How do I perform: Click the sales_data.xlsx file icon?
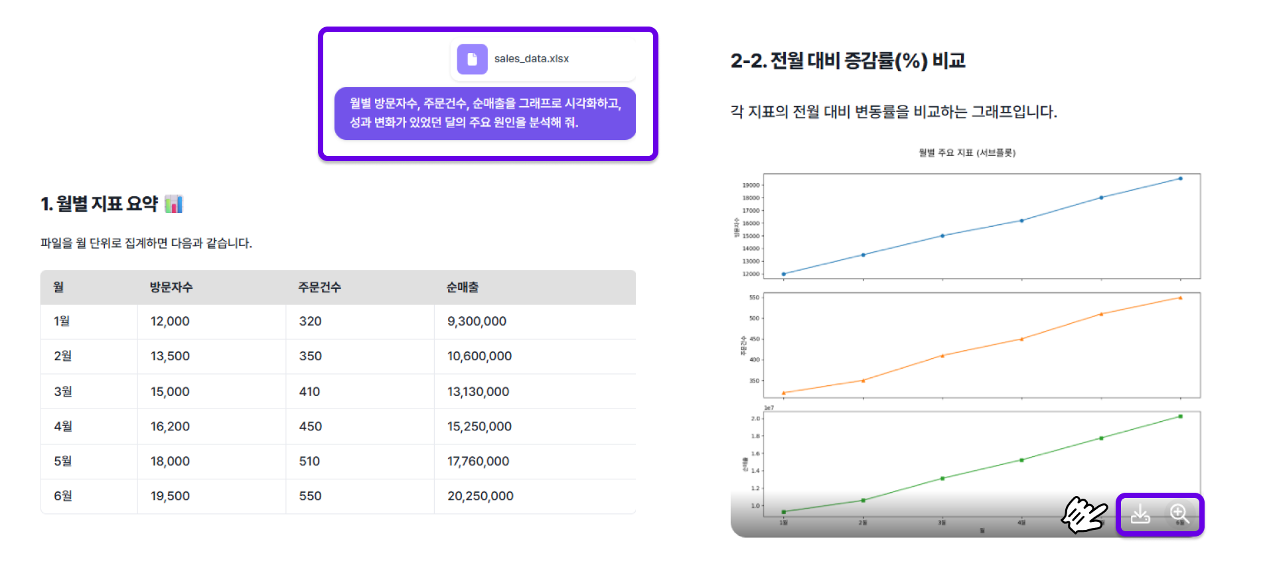click(x=472, y=59)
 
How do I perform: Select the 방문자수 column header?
click(x=171, y=287)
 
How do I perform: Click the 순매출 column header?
click(x=462, y=287)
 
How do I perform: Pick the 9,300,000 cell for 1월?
click(x=477, y=321)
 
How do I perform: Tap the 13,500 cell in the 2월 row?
click(x=170, y=356)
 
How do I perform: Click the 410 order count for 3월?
click(x=309, y=391)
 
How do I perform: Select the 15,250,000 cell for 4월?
click(x=479, y=426)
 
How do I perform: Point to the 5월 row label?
click(x=62, y=461)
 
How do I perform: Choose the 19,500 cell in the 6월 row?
click(x=170, y=496)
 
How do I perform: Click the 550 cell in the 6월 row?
click(x=310, y=496)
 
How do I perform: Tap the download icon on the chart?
click(x=1140, y=514)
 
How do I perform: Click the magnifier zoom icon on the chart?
click(x=1179, y=514)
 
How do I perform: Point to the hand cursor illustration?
click(x=1084, y=514)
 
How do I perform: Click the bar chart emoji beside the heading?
click(x=173, y=204)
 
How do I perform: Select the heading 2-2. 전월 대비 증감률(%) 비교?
click(x=848, y=61)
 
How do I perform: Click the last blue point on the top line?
click(x=1180, y=178)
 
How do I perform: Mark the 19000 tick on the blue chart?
click(x=751, y=185)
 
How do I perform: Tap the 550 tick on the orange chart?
click(x=754, y=298)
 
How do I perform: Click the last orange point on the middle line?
click(x=1180, y=298)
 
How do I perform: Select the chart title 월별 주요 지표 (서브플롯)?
click(x=967, y=153)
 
